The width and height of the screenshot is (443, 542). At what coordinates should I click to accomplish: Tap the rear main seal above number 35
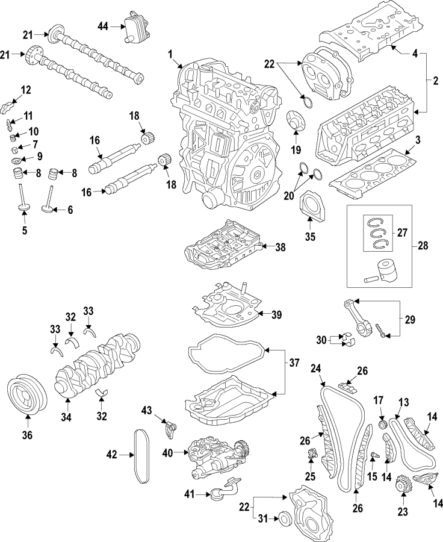(311, 205)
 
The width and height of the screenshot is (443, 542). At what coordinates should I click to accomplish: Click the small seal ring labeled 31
(285, 517)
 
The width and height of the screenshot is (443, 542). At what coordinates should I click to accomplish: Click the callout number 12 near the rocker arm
(26, 90)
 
